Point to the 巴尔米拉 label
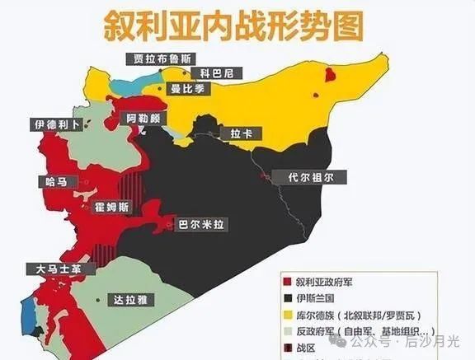(x=201, y=223)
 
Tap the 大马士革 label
(x=53, y=269)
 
